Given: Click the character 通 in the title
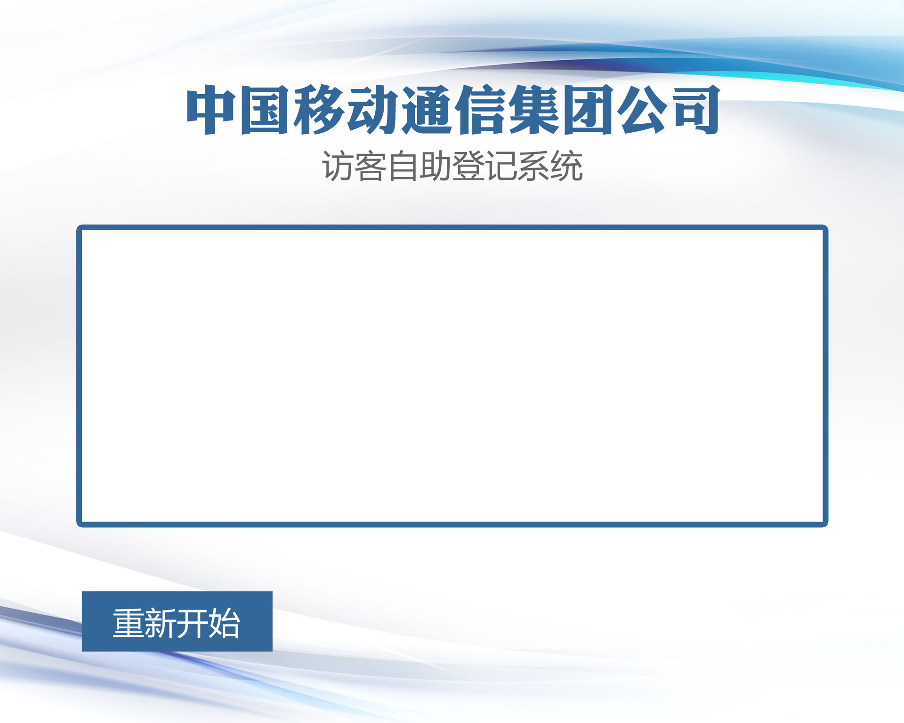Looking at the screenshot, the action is [x=426, y=110].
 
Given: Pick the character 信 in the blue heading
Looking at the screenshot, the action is [x=479, y=110].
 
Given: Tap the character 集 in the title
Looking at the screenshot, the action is [x=533, y=110].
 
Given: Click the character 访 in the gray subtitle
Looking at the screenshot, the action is [x=338, y=166].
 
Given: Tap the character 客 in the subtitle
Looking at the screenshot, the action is [x=371, y=166].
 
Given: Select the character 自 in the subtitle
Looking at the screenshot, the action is [x=403, y=166].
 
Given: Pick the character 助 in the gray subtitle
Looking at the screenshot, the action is [x=436, y=166].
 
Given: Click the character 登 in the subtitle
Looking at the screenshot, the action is [x=468, y=166].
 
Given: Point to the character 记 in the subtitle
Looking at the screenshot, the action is [x=501, y=166].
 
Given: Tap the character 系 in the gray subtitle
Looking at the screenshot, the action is [x=533, y=166].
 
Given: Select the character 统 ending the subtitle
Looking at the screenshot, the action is [x=566, y=166].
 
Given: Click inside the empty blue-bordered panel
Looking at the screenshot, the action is [x=452, y=376].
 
